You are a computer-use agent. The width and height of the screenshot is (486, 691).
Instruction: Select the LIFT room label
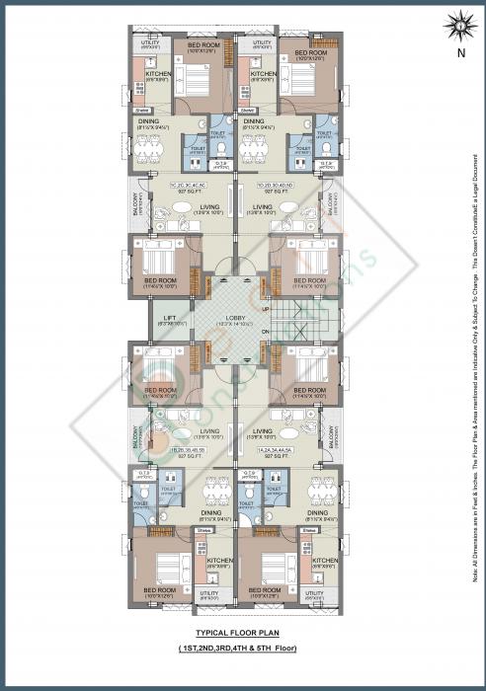168,318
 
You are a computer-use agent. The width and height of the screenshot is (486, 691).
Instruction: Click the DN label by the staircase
265,332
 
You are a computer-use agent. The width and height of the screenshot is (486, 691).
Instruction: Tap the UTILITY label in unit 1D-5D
262,43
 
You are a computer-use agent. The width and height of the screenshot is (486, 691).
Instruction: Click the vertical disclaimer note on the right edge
476,345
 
